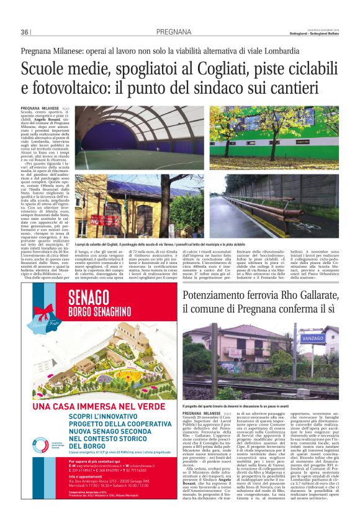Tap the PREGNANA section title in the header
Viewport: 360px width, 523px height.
(174, 32)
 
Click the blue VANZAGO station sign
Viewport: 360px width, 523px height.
(312, 338)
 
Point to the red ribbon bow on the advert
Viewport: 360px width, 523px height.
(45, 312)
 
